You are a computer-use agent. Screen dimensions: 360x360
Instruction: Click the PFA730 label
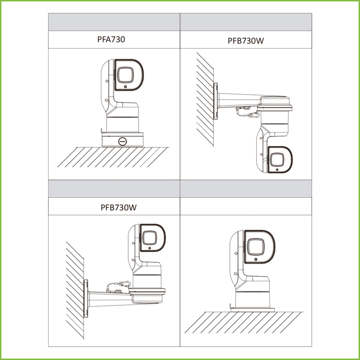click(x=111, y=39)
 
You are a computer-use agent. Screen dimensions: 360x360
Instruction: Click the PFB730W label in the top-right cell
click(x=246, y=41)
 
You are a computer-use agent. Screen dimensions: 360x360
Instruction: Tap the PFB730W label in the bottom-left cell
click(x=118, y=207)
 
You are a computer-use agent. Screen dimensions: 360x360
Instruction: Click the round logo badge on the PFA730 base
click(x=122, y=141)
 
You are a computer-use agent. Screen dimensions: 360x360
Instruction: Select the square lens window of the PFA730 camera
click(x=125, y=75)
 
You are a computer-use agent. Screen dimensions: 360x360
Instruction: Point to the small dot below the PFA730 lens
click(x=125, y=87)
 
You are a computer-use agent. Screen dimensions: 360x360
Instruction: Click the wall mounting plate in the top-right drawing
click(x=215, y=101)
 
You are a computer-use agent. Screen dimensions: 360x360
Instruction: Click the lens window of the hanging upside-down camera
click(x=277, y=160)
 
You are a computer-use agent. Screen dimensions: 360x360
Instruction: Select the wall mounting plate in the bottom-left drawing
click(x=86, y=298)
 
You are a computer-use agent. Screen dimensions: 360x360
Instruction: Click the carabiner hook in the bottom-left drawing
click(x=125, y=284)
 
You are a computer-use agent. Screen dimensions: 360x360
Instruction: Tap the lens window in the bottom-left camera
click(x=149, y=238)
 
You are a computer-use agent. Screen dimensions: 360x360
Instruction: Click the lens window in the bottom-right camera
click(x=256, y=247)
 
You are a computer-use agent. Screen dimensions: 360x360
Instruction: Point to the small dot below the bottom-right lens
click(x=256, y=259)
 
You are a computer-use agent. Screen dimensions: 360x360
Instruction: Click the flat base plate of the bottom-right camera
click(x=253, y=310)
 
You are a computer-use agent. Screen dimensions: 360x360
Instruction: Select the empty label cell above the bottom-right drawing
click(x=246, y=206)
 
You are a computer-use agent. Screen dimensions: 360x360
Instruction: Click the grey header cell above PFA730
click(x=114, y=22)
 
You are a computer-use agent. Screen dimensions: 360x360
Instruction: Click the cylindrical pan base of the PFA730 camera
click(x=122, y=125)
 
